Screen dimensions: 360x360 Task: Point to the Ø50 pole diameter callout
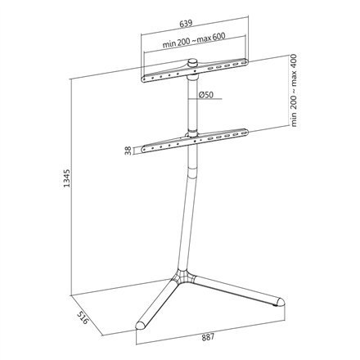[x=206, y=96]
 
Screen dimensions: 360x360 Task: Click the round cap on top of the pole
[x=193, y=63]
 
